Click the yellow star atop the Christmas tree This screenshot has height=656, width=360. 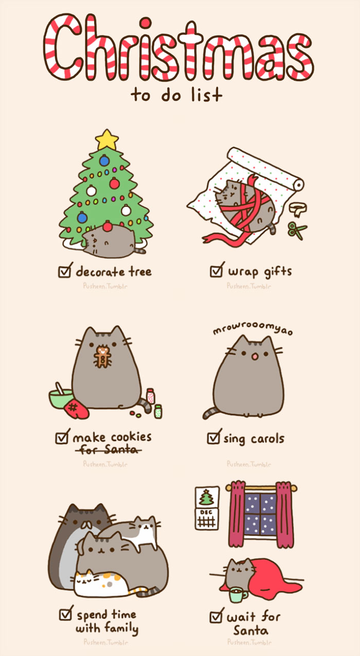pyautogui.click(x=107, y=139)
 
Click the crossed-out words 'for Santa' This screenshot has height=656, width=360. pyautogui.click(x=109, y=450)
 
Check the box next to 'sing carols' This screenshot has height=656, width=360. pyautogui.click(x=213, y=438)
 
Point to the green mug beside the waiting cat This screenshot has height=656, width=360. pyautogui.click(x=238, y=594)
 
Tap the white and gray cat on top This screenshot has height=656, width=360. pyautogui.click(x=141, y=533)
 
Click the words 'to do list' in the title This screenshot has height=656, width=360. pyautogui.click(x=176, y=95)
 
